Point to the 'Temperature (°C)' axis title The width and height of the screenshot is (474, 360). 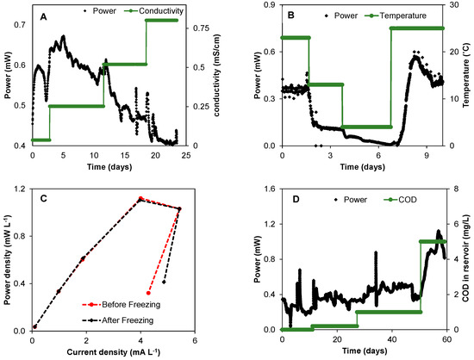[466, 75]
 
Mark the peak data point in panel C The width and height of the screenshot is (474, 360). [141, 199]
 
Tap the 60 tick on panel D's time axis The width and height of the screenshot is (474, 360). [446, 339]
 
